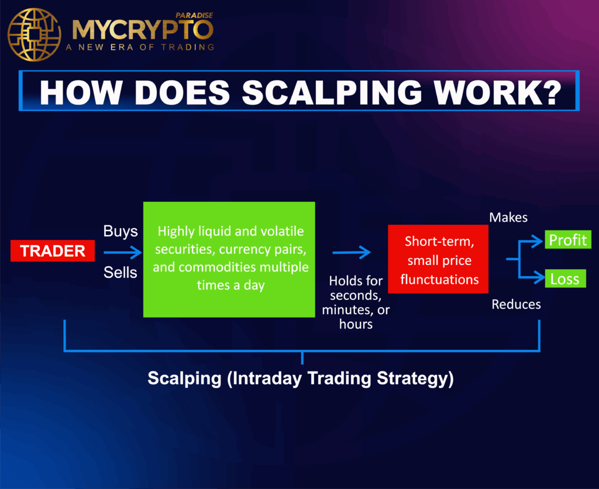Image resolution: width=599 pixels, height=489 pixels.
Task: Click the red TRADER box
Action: click(x=53, y=252)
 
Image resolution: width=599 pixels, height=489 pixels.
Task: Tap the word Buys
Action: click(x=120, y=231)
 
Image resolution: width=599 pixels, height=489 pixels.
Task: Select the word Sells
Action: click(x=120, y=272)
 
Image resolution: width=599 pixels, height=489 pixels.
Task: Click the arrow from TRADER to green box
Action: click(x=122, y=252)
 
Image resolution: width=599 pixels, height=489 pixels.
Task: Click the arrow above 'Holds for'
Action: click(x=352, y=252)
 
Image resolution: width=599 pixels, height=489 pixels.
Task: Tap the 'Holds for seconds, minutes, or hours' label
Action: click(x=356, y=302)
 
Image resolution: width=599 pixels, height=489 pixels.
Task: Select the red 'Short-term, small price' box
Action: click(x=438, y=260)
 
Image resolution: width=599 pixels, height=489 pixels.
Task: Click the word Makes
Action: click(x=508, y=218)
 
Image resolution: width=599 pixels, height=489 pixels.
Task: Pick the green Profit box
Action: click(x=567, y=240)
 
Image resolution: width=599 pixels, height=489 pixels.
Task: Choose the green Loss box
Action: click(x=564, y=279)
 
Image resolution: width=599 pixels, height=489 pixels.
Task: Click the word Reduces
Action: click(x=516, y=304)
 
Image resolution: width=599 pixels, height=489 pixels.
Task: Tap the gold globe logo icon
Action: click(x=34, y=34)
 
